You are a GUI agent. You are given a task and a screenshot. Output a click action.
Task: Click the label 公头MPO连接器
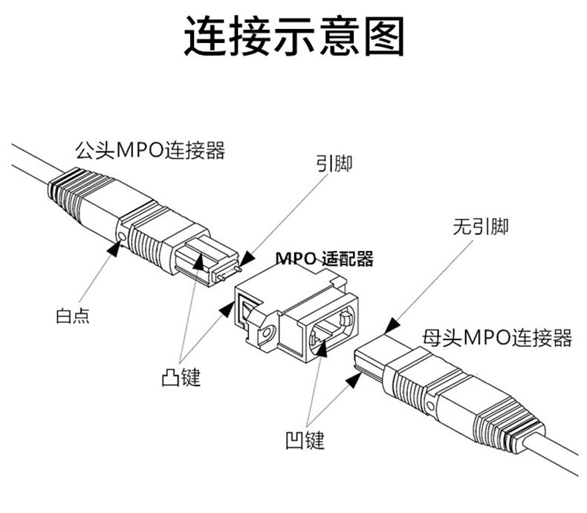149,151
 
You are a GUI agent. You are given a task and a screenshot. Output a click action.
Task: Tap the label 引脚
334,164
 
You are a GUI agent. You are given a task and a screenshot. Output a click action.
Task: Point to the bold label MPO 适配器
324,259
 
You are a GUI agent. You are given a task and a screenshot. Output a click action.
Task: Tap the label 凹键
305,440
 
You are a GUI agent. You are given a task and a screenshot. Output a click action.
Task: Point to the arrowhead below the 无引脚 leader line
390,327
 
